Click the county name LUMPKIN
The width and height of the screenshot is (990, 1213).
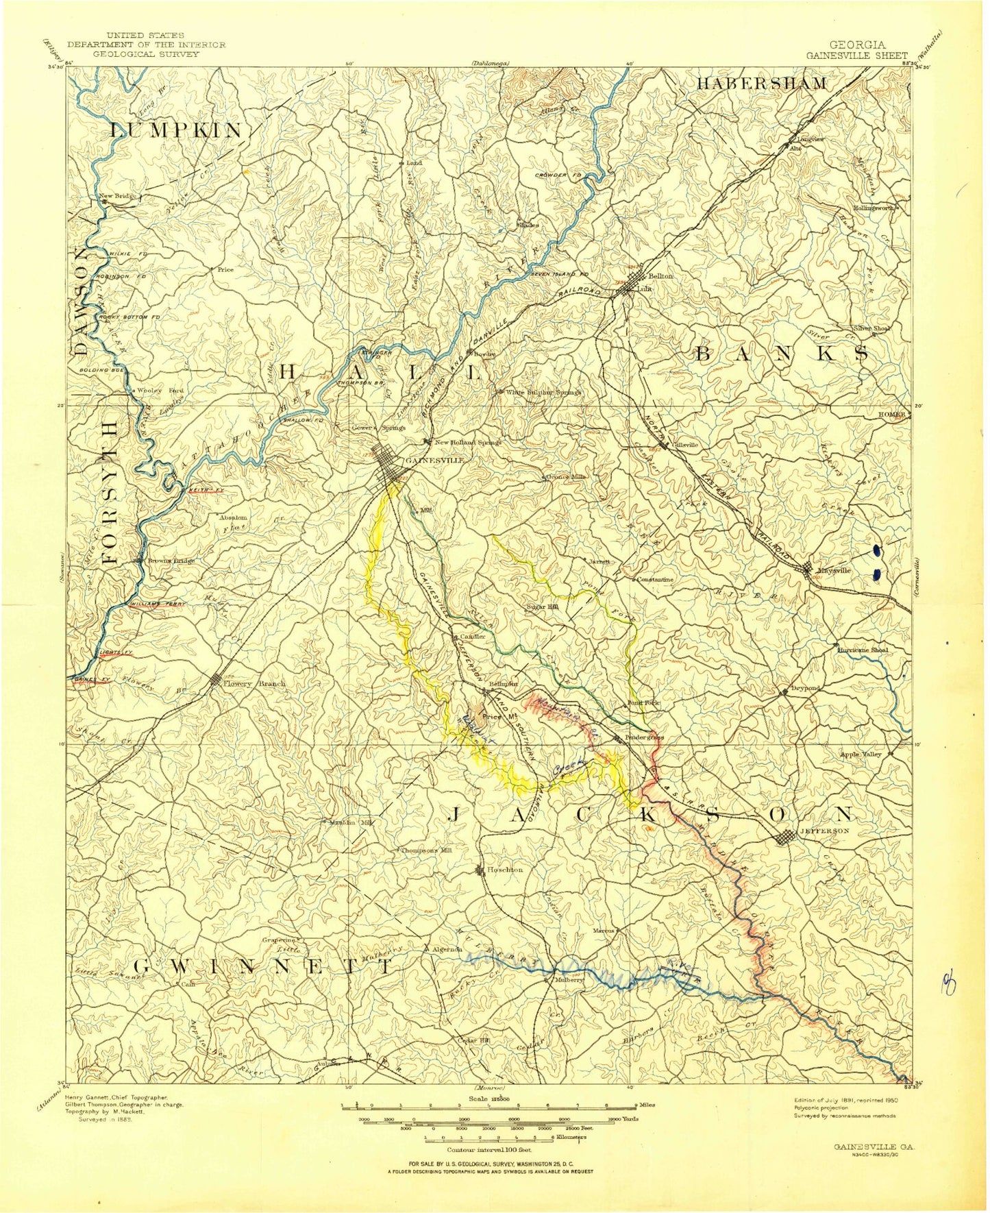pos(177,130)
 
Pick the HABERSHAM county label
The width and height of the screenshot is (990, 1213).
pos(762,84)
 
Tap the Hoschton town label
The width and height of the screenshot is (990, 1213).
pos(505,870)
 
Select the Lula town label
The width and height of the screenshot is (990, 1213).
pos(643,289)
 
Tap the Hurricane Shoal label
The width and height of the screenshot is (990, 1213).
pos(862,650)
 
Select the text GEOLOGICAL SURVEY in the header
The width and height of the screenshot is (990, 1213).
pos(146,53)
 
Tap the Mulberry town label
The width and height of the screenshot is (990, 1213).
pos(568,981)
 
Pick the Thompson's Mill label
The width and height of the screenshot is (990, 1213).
pos(427,850)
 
